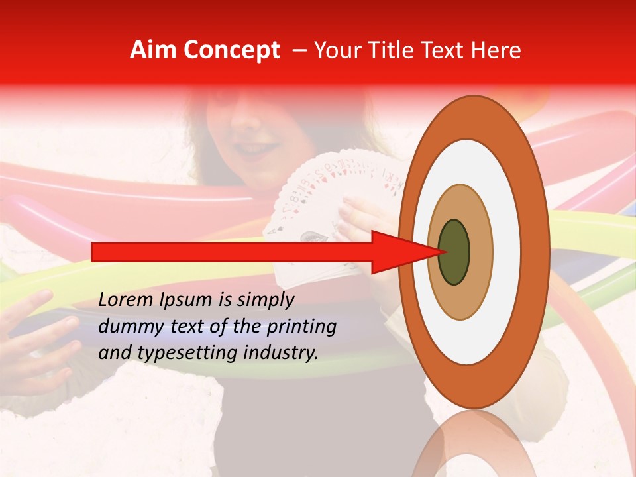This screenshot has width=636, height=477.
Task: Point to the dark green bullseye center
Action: pos(454,252)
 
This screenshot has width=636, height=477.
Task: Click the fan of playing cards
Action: pos(331,192)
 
